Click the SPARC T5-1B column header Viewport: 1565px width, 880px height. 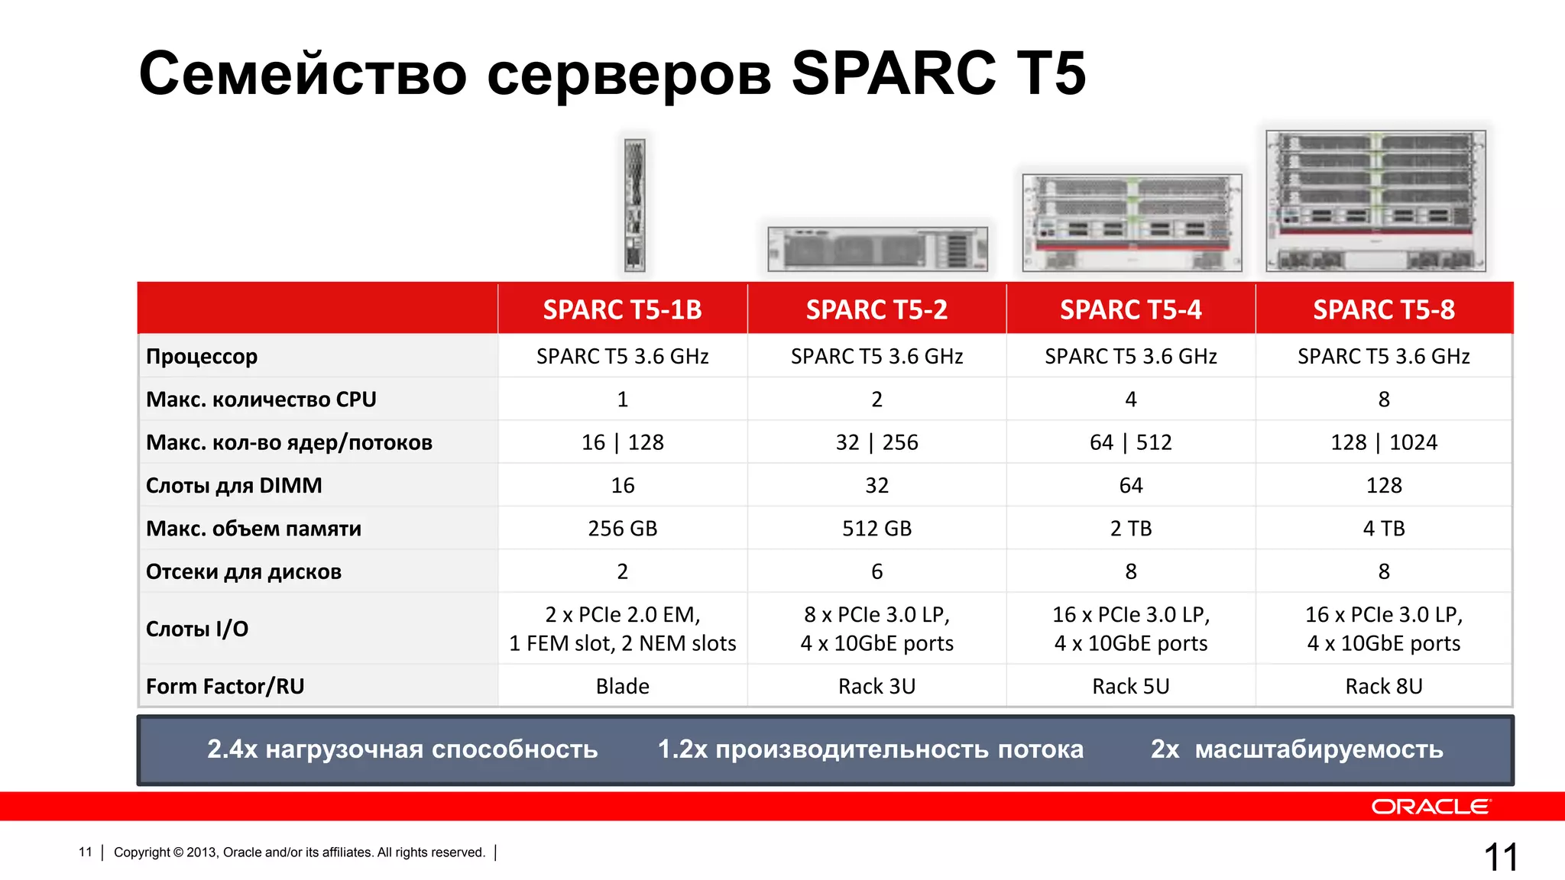622,309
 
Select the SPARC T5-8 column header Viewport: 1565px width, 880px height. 1383,309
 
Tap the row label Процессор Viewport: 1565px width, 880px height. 202,357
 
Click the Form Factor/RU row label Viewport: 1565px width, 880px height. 225,686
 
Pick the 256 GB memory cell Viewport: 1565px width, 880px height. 622,529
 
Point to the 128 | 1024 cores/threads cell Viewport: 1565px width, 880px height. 1383,442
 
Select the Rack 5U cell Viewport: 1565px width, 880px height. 1130,686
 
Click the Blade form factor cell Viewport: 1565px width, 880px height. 622,686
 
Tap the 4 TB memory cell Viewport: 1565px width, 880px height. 1383,529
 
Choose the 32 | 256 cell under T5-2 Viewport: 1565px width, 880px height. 876,442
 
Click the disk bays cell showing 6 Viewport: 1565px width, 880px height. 876,571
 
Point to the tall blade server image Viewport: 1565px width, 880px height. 634,205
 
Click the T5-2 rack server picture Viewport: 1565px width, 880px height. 877,249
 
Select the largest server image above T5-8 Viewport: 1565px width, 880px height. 1375,201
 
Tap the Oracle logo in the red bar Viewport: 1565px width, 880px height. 1430,807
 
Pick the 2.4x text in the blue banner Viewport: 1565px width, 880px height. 232,749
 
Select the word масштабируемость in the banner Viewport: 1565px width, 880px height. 1319,749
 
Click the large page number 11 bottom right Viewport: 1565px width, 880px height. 1500,857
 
